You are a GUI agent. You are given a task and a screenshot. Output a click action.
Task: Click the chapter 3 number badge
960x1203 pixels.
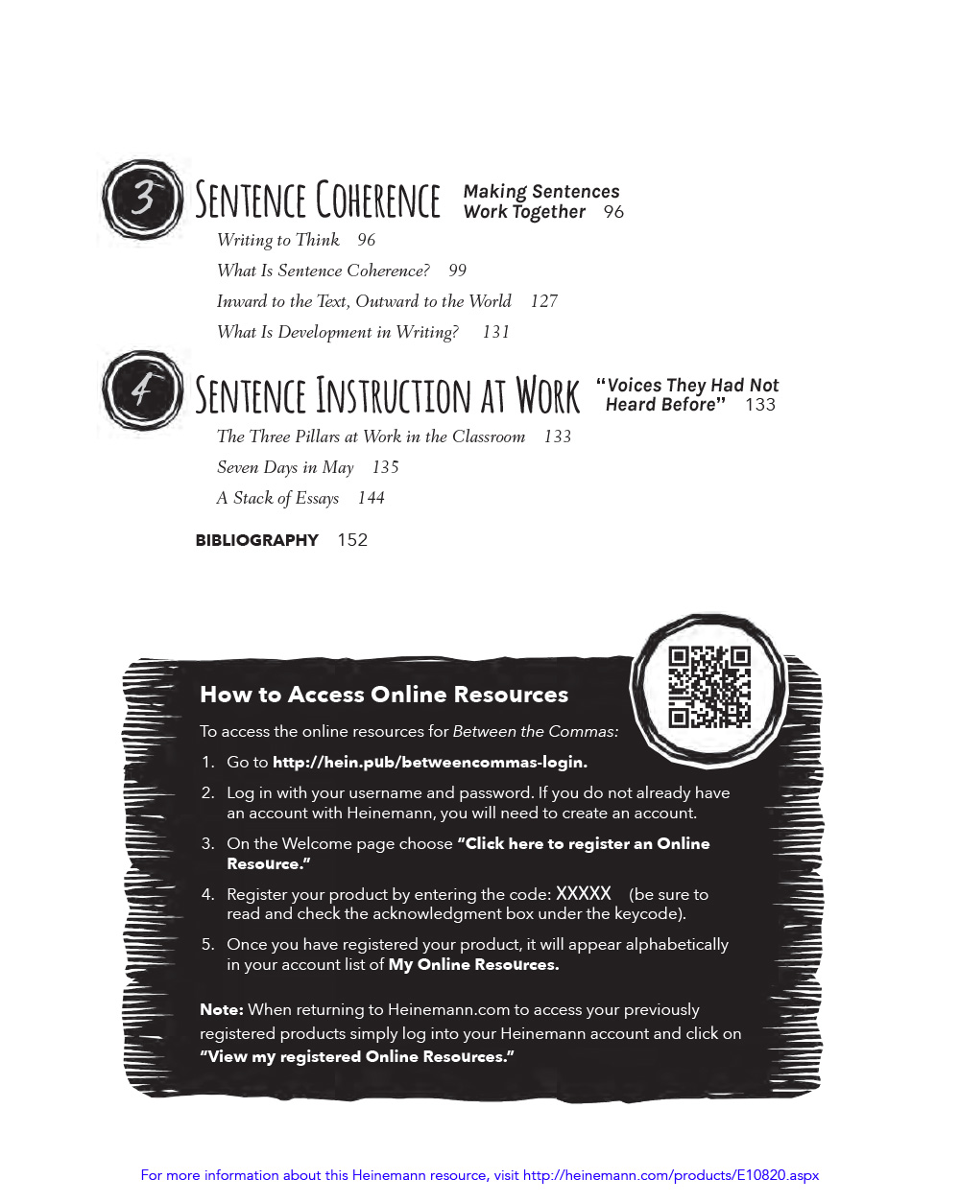[142, 199]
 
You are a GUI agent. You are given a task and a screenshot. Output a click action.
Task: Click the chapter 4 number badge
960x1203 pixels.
[142, 390]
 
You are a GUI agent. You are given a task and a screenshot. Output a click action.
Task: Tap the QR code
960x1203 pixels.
[709, 686]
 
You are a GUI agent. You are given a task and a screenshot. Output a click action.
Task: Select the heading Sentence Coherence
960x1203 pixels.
[318, 200]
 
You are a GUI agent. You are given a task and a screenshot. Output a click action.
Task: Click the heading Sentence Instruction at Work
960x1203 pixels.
[388, 395]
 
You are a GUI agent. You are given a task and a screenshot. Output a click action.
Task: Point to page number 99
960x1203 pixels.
[458, 271]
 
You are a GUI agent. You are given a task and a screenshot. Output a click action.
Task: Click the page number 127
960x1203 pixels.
[543, 301]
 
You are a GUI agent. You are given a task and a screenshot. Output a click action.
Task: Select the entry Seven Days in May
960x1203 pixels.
[285, 467]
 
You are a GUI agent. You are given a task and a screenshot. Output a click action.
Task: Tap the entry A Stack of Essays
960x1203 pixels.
[277, 498]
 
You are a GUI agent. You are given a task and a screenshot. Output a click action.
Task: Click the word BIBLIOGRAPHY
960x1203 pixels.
[256, 540]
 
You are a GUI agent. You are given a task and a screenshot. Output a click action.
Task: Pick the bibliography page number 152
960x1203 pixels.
[352, 540]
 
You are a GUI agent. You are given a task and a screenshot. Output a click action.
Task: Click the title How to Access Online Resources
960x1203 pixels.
[384, 695]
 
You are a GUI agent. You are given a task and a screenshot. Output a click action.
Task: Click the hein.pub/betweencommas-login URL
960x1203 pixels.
[429, 763]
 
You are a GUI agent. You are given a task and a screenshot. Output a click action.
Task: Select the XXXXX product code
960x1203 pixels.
[584, 893]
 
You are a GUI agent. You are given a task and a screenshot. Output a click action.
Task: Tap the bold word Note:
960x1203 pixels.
[221, 1009]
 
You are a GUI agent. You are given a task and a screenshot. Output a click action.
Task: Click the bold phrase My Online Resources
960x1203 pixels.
[473, 964]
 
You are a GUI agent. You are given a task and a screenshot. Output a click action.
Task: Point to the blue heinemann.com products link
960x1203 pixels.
[670, 1175]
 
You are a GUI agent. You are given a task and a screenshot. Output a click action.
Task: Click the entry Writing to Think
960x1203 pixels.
[277, 240]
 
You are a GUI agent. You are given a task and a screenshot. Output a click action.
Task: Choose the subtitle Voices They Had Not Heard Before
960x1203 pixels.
[687, 394]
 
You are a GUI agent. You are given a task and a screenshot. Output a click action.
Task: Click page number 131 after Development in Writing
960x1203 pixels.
[495, 332]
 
